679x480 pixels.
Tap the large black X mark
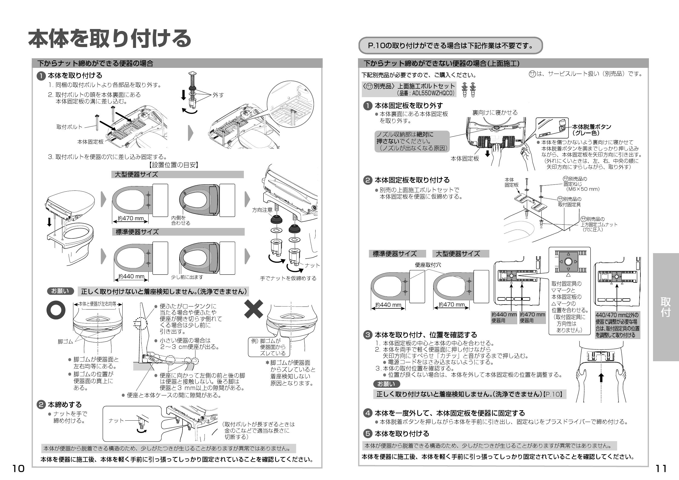[x=253, y=309]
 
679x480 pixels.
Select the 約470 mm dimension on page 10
[x=131, y=219]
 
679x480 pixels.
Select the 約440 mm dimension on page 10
[x=131, y=276]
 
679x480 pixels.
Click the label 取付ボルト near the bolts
[x=69, y=127]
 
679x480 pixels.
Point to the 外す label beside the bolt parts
[x=218, y=95]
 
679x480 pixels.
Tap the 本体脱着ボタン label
[x=591, y=127]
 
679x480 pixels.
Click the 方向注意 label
[x=262, y=210]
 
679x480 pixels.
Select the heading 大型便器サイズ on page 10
[x=136, y=175]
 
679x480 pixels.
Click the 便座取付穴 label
[x=428, y=265]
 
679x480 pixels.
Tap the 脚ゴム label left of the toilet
[x=65, y=342]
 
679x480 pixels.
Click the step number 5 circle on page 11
[x=368, y=434]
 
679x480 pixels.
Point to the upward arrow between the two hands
[x=601, y=378]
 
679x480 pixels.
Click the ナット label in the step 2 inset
[x=116, y=421]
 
